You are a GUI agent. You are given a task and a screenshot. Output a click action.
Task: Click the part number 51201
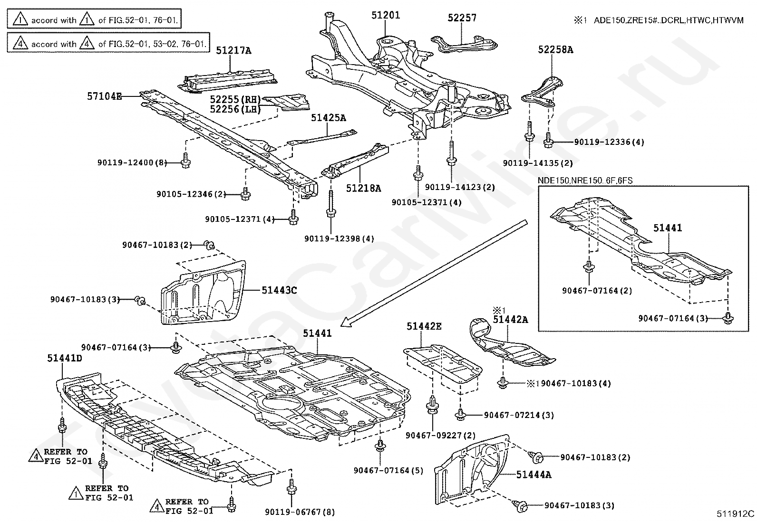coord(386,15)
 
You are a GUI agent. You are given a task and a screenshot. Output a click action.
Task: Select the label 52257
coord(462,18)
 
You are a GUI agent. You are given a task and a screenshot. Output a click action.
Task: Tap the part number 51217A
coord(233,50)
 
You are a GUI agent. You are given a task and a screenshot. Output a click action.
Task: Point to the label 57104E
coord(104,96)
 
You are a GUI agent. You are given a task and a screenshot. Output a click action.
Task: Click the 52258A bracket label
coord(555,49)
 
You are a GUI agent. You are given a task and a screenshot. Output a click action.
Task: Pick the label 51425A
coord(329,118)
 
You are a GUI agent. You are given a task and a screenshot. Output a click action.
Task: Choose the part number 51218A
coord(363,188)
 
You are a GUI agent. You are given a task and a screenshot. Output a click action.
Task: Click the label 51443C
coord(279,290)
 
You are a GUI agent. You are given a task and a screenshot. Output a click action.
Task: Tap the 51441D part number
coord(64,358)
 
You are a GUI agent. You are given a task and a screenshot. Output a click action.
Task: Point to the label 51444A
coord(534,474)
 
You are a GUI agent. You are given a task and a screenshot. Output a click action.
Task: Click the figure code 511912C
coord(736,513)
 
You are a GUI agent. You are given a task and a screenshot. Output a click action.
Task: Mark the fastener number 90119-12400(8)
coord(133,163)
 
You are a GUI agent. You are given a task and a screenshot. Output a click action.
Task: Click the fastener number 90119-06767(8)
coord(300,512)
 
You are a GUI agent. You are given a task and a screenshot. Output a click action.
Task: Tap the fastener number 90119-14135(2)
coord(538,163)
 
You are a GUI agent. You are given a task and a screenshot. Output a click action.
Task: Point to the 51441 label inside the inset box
coord(667,228)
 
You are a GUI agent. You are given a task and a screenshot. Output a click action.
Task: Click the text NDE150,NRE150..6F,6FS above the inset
coord(585,180)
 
